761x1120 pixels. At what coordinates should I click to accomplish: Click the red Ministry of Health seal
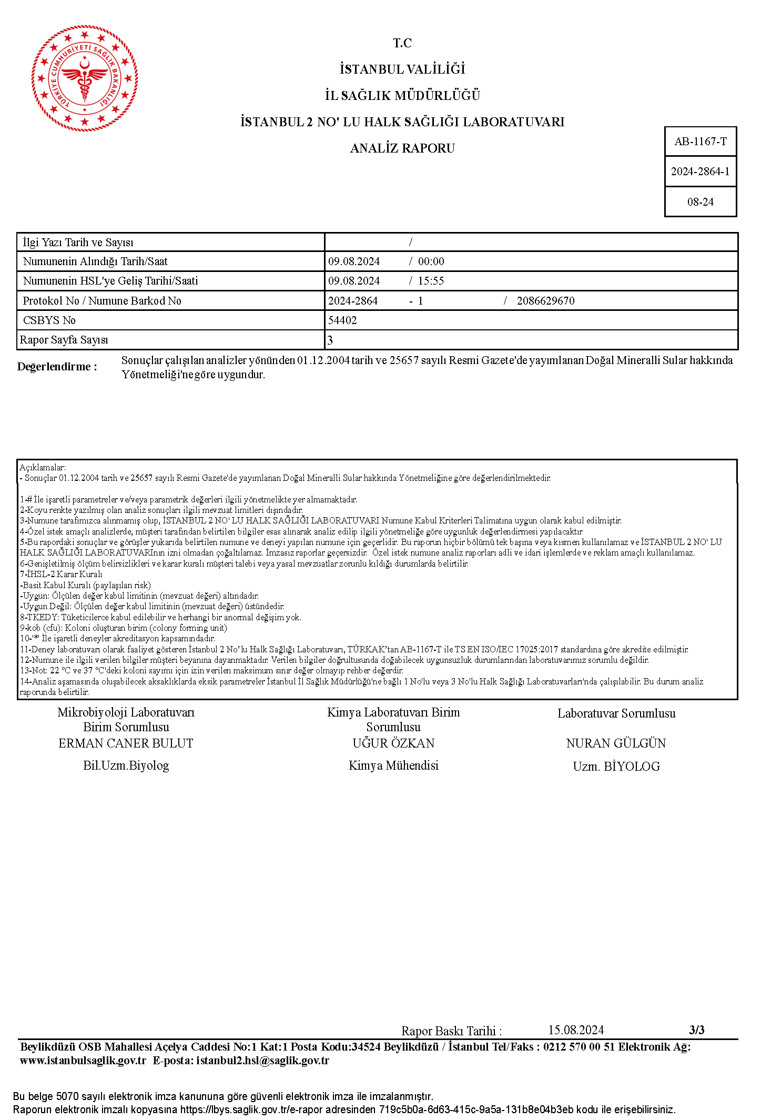point(85,78)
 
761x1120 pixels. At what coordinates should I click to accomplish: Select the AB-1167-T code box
point(701,142)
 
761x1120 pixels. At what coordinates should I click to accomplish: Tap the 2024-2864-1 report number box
point(701,171)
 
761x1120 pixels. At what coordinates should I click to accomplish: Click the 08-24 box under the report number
point(701,202)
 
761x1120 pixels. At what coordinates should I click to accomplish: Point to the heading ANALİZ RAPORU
point(402,148)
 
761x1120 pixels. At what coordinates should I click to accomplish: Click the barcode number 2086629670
point(545,301)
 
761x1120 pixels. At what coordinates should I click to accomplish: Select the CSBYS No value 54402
point(342,320)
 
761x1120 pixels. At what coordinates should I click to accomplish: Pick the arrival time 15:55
point(431,281)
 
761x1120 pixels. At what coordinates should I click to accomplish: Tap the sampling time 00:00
point(431,261)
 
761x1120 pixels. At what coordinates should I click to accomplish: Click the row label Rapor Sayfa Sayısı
point(64,340)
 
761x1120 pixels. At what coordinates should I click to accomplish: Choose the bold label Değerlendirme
point(57,367)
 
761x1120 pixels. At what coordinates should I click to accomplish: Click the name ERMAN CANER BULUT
point(126,743)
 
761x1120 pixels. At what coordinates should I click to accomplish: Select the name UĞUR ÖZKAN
point(393,743)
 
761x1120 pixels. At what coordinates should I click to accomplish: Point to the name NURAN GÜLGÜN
point(616,743)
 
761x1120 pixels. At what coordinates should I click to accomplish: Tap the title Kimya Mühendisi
point(393,765)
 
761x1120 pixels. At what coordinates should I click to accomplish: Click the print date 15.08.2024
point(576,1030)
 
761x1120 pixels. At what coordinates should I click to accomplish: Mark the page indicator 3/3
point(696,1030)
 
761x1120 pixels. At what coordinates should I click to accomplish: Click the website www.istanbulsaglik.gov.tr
point(83,1061)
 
